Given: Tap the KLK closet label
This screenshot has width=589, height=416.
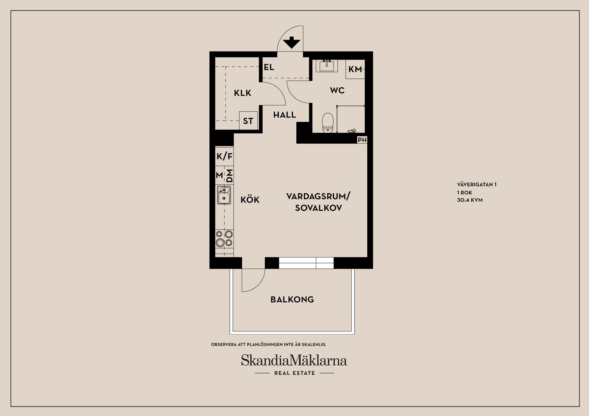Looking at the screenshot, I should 242,93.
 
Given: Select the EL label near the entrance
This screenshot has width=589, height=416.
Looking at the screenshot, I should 269,67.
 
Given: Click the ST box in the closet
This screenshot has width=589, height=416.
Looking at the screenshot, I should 248,121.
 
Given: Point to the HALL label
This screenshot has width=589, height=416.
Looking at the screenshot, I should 284,115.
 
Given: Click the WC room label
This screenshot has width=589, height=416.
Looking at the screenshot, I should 337,90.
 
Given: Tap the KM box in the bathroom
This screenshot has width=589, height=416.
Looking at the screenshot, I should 355,69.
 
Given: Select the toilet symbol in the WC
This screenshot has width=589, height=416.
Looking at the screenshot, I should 328,123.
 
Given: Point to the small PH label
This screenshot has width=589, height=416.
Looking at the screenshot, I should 362,140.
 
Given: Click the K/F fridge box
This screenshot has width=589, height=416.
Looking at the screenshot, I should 224,157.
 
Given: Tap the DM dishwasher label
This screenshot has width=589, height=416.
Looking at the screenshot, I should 229,176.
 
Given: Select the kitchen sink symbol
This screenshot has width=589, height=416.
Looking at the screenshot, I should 224,195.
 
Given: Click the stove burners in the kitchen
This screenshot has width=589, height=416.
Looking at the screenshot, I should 224,239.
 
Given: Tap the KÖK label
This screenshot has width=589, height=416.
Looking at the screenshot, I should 250,200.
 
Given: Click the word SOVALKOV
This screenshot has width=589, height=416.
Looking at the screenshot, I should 318,208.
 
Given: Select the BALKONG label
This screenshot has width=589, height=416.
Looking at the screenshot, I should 292,300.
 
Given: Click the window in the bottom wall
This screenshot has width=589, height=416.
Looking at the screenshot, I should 306,263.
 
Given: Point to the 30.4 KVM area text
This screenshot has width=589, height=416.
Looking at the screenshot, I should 470,200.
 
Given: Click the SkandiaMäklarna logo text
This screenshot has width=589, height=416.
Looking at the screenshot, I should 294,361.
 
